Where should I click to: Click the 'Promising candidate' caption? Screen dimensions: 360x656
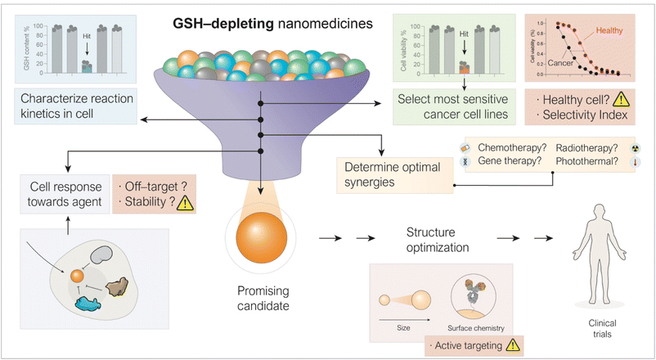tap(261, 297)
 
